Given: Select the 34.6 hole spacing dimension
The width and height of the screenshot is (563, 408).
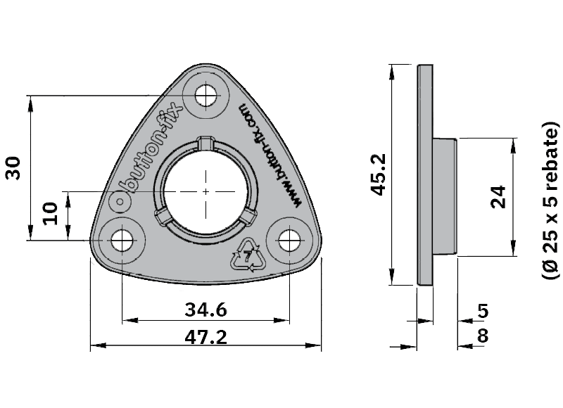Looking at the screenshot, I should [205, 309].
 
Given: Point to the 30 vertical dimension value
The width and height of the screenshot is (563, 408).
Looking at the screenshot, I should [13, 168].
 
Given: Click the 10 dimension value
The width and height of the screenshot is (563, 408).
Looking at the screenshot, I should [49, 212].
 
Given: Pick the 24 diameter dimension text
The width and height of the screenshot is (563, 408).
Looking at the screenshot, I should [498, 196].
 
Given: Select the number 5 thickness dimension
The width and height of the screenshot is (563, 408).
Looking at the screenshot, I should [483, 310].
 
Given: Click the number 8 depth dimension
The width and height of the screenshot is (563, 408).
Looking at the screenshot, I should [483, 336].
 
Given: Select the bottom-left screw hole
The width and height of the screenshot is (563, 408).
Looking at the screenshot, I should [121, 239].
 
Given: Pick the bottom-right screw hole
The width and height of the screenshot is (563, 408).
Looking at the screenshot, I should [289, 240].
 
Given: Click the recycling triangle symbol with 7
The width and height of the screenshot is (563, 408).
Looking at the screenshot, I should [248, 255].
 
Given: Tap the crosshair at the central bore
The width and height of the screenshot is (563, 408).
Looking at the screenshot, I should [205, 191].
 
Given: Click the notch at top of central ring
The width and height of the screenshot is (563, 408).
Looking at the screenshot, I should [205, 143].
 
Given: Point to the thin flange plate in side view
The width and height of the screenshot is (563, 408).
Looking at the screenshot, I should [425, 176].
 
